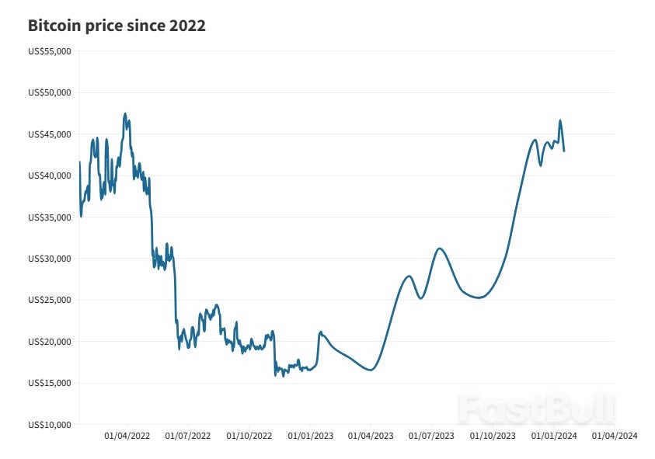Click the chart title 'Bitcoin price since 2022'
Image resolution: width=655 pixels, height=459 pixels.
tap(117, 26)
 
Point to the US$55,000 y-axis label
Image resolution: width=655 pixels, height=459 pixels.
tap(50, 51)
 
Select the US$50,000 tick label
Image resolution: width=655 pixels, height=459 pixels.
tap(50, 92)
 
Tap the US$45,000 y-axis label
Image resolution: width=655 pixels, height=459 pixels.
tap(50, 134)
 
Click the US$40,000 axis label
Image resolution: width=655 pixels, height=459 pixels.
tap(50, 176)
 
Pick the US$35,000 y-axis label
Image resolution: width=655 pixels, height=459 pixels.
tap(50, 217)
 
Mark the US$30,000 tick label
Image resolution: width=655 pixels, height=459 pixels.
tap(50, 259)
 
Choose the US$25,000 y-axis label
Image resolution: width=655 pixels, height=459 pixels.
tap(50, 300)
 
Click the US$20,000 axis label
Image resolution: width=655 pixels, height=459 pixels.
tap(50, 342)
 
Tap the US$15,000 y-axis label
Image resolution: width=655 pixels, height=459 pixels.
tap(50, 383)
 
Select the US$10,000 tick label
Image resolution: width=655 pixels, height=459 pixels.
tap(50, 425)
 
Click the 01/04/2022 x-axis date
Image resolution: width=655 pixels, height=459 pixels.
tap(127, 436)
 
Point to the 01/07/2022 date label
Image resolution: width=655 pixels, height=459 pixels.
tap(188, 436)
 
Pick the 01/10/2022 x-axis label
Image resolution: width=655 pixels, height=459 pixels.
tap(249, 436)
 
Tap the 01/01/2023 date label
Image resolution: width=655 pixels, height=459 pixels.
tap(311, 436)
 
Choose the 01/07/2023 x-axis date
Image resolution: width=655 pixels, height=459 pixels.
tap(432, 436)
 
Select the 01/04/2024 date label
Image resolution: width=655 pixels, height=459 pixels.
tap(615, 436)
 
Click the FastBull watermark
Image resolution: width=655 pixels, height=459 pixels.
tap(536, 408)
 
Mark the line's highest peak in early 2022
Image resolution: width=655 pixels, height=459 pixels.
tap(125, 113)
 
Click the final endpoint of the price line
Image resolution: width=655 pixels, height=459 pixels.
tap(564, 151)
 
